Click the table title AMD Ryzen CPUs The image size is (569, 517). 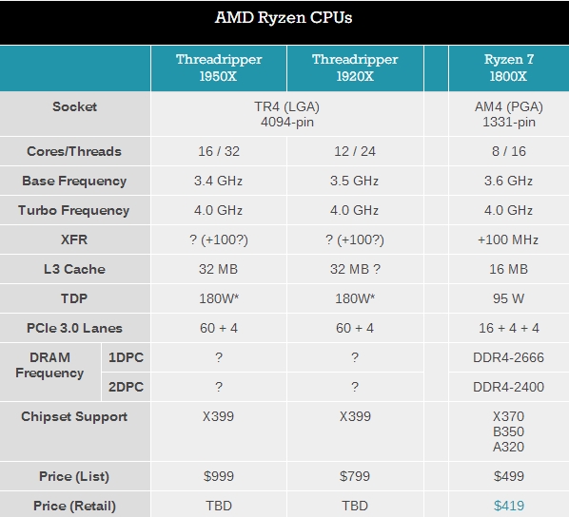[284, 17]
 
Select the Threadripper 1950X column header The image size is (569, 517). [218, 67]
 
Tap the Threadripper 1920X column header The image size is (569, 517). [354, 67]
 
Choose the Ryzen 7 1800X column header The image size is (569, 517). [508, 67]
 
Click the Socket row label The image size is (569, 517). [74, 106]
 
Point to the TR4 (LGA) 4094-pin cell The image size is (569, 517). [286, 114]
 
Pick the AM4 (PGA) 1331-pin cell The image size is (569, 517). [508, 114]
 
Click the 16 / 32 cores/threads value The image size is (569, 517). [218, 151]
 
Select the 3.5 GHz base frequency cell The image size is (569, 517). [354, 181]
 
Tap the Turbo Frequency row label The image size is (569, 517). [74, 210]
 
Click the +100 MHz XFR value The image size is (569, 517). [508, 239]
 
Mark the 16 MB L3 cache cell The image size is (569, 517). [508, 269]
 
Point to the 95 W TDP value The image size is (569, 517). [508, 298]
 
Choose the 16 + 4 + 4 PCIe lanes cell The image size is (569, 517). [508, 328]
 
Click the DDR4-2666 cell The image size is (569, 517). [508, 357]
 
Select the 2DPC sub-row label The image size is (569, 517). [125, 387]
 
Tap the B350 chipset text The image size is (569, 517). [508, 431]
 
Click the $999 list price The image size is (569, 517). [218, 476]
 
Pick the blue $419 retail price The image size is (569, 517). [508, 506]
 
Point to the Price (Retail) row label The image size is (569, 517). [74, 506]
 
